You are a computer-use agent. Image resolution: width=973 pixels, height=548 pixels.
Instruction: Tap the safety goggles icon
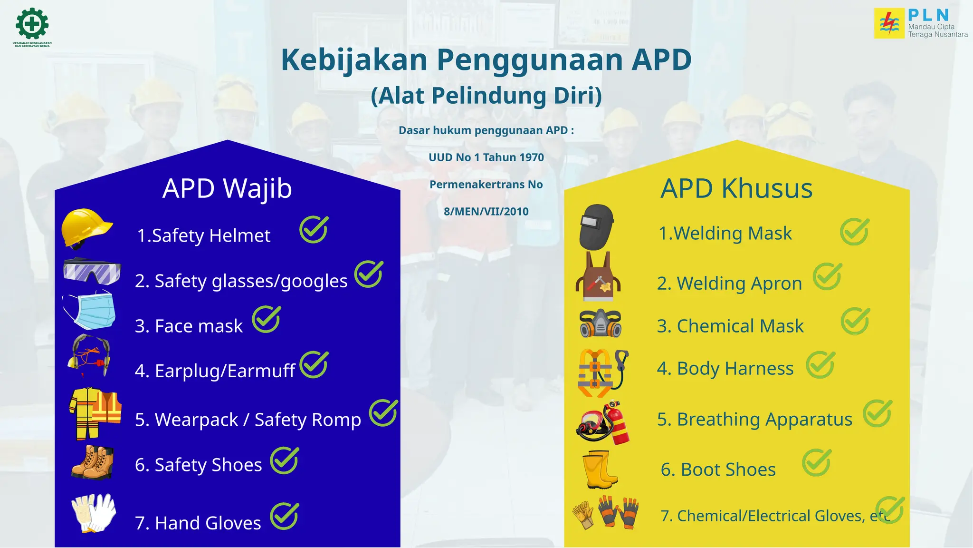(x=92, y=271)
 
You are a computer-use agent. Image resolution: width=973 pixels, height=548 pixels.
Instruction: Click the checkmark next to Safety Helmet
(x=314, y=229)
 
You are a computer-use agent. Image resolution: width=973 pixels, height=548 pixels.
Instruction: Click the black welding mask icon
(x=597, y=227)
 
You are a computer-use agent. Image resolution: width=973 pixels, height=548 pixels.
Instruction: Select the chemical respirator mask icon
(x=601, y=323)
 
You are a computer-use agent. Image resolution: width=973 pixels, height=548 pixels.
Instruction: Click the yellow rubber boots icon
(x=600, y=470)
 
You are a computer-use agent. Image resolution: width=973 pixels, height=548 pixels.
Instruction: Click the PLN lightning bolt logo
(x=889, y=23)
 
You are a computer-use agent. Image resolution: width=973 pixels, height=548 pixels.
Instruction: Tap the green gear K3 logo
(x=32, y=23)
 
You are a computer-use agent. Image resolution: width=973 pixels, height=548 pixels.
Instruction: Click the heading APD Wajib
(x=227, y=188)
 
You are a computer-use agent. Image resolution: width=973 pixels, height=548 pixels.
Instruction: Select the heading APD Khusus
(x=736, y=188)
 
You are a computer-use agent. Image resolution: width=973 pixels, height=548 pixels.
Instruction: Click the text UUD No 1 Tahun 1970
(x=486, y=157)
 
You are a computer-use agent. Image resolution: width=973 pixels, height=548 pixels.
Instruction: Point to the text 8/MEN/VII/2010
(x=486, y=212)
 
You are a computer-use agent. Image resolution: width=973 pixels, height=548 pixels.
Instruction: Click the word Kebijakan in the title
(x=354, y=60)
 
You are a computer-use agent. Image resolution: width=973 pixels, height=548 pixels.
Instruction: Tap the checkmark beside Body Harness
(x=820, y=365)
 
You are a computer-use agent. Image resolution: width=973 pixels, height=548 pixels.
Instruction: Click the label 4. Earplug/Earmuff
(x=215, y=371)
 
